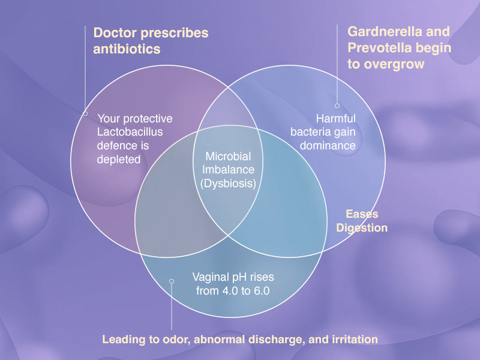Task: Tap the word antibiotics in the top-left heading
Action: click(x=127, y=49)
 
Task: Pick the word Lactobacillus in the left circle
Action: click(x=130, y=132)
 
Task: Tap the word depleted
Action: click(x=119, y=159)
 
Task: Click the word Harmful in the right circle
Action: click(x=335, y=118)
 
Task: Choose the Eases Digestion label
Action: click(x=362, y=221)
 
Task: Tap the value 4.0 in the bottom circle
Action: click(x=230, y=290)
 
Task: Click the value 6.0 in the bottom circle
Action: click(x=261, y=290)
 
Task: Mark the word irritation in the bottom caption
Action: click(x=353, y=340)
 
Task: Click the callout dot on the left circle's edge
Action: click(x=85, y=112)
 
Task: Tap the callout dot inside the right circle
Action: click(x=337, y=106)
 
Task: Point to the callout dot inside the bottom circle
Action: click(x=172, y=280)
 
